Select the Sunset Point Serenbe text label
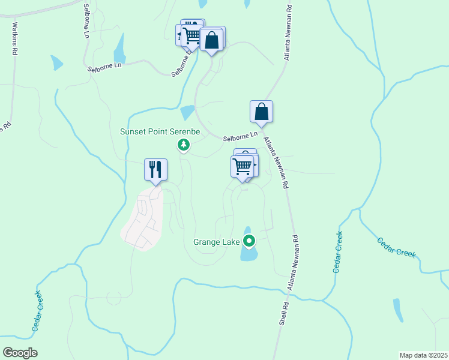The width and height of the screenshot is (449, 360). click(159, 131)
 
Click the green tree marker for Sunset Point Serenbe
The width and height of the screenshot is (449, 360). click(184, 145)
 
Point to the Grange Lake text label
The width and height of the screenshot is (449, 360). click(216, 242)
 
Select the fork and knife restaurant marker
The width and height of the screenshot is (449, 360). click(155, 169)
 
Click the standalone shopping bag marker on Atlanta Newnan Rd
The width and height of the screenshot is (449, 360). click(261, 112)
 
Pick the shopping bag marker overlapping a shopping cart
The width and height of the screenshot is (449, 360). click(211, 40)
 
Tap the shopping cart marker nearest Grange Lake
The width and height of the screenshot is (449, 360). click(242, 166)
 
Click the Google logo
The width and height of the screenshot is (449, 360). click(20, 353)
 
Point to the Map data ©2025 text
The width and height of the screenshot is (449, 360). click(423, 355)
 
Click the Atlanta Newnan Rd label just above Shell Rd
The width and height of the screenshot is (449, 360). click(292, 265)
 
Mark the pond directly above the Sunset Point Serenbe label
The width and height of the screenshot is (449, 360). click(187, 112)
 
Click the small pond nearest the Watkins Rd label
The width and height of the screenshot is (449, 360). click(56, 62)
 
